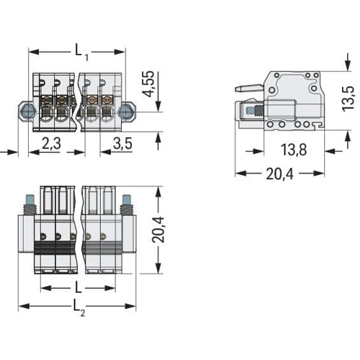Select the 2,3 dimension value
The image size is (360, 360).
51,143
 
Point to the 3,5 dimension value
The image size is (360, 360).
122,143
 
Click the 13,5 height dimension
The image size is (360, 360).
348,99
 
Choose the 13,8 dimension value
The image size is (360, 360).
294,150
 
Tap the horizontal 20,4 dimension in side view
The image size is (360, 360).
279,174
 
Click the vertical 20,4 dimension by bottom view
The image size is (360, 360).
158,230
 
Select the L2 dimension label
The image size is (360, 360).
78,307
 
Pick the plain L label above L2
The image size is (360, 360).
78,287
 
